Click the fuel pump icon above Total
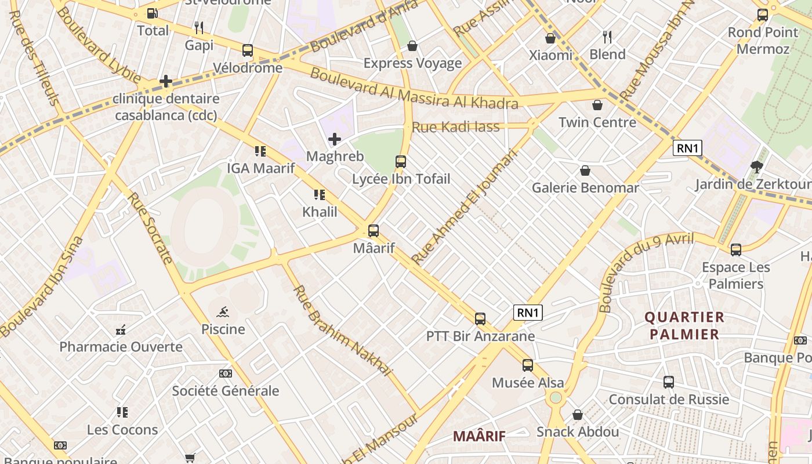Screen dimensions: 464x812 tap(152, 13)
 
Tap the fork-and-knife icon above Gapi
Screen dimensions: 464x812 tap(199, 27)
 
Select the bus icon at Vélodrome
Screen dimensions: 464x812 tap(248, 50)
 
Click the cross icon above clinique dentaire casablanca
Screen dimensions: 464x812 tap(166, 81)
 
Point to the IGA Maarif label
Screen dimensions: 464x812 tap(260, 168)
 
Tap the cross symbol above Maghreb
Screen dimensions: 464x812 tap(335, 139)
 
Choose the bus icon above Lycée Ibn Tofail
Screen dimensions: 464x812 tap(401, 162)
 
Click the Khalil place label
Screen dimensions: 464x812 tap(320, 212)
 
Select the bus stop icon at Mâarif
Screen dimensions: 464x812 tap(374, 231)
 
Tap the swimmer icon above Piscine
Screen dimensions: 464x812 tap(223, 312)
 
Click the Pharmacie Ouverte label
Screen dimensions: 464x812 tap(121, 347)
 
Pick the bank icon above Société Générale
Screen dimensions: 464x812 tap(225, 374)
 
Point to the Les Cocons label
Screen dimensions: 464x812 tap(122, 430)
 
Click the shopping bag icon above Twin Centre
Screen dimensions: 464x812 tap(597, 105)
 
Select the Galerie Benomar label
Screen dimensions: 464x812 tap(585, 187)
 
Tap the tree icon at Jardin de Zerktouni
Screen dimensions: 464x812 tap(756, 167)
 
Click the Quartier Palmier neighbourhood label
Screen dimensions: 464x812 tap(684, 326)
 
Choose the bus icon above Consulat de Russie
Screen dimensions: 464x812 tap(669, 382)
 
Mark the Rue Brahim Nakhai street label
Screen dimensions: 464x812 tap(343, 330)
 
